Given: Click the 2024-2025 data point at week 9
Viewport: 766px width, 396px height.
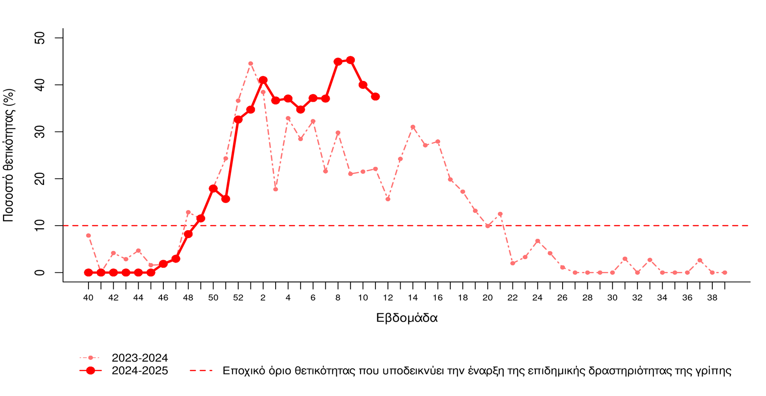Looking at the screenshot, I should pos(350,60).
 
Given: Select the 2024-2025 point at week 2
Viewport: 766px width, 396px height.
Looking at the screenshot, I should pos(263,80).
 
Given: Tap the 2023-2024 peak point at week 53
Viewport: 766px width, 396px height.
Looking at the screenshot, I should pos(250,63).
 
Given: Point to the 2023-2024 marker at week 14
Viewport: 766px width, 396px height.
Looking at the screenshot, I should pos(413,127).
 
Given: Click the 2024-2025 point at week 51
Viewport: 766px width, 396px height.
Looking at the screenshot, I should pos(226,199).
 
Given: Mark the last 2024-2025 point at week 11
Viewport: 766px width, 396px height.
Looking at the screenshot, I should pos(376,96).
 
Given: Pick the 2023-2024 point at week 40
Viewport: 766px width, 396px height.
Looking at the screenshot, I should pos(88,236).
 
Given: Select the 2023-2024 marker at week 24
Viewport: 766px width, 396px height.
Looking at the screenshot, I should pos(538,241).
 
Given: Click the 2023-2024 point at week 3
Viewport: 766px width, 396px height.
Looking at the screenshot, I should pos(276,189).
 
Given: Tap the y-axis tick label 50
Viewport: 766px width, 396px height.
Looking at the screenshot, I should pos(40,38).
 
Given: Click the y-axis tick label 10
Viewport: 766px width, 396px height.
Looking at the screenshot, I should pos(40,226).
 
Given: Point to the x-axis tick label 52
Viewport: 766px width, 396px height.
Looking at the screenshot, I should pos(238,298).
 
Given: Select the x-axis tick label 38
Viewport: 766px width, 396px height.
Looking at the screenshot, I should pos(712,298).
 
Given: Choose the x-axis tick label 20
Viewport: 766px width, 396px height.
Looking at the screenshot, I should pos(488,298).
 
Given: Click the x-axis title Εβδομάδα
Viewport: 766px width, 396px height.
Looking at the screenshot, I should pos(407,318).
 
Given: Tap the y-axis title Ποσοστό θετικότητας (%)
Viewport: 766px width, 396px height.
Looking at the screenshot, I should pos(9,155).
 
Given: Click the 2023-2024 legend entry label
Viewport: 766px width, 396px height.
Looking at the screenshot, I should pos(140,358).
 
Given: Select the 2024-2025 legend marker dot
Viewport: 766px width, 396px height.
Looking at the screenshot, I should pos(91,370).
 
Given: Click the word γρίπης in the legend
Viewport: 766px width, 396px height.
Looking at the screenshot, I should pos(714,371).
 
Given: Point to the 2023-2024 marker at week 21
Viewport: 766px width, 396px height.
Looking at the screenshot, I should pos(500,214).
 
